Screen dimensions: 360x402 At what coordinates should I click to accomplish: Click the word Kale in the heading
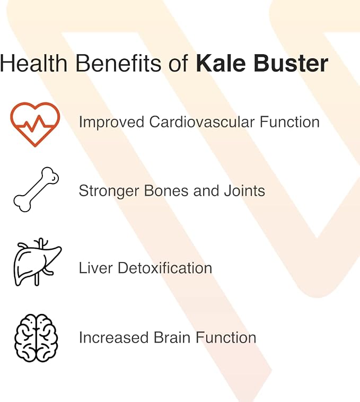[221, 63]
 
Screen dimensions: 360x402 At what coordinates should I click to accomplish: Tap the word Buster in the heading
[291, 63]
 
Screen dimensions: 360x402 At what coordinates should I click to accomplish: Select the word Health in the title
[33, 63]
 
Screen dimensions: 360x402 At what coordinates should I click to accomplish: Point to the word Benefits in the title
[118, 63]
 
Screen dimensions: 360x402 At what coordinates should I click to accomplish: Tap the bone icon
[36, 189]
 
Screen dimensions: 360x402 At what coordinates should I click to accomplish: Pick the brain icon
[36, 338]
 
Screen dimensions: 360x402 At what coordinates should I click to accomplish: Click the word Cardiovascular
[202, 122]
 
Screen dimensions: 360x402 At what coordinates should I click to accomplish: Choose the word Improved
[112, 123]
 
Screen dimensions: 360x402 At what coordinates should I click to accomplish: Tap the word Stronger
[109, 191]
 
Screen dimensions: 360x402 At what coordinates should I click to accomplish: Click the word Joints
[244, 191]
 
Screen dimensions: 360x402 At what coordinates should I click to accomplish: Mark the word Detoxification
[165, 268]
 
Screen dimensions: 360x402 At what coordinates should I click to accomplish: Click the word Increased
[114, 337]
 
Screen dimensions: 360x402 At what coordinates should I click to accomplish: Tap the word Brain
[172, 337]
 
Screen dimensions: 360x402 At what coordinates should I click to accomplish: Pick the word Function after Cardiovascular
[290, 122]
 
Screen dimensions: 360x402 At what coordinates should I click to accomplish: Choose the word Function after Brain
[226, 337]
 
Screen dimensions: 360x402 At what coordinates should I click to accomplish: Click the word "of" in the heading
[178, 63]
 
